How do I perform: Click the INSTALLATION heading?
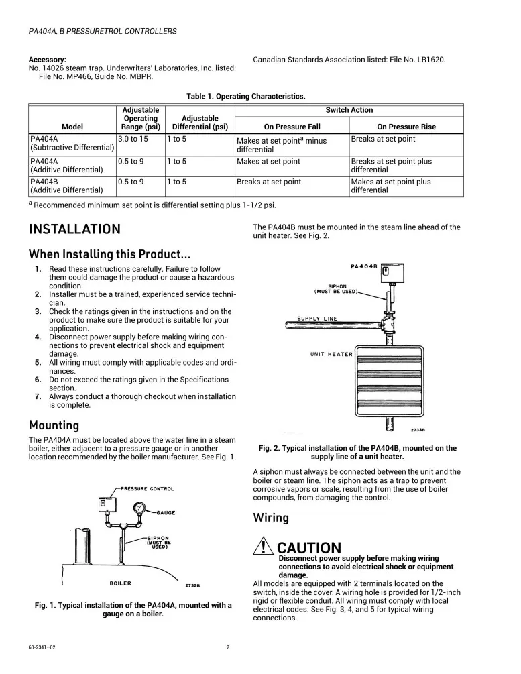pos(74,229)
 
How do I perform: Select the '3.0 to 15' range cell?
pos(132,139)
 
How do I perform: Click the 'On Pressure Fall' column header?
pos(292,127)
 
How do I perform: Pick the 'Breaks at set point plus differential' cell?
pos(392,166)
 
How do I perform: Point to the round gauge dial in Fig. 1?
pos(139,508)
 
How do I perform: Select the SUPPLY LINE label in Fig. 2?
pos(318,319)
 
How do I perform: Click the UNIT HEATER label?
pos(331,354)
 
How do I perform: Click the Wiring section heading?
pos(271,518)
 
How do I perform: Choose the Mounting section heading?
pos(54,425)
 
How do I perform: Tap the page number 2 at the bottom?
pos(228,648)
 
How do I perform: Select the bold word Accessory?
pos(47,60)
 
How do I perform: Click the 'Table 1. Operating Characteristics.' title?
pos(247,97)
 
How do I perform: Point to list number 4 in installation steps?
pos(38,337)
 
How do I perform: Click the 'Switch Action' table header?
pos(349,110)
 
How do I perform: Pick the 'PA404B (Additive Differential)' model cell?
pos(66,186)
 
